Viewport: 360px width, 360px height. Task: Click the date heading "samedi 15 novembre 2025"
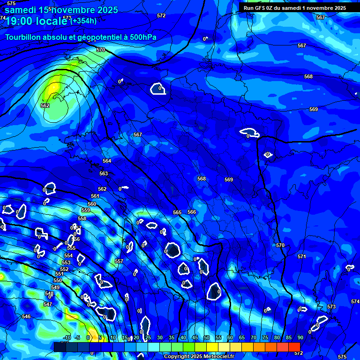tap(61, 9)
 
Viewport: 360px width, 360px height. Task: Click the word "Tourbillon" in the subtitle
tap(23, 37)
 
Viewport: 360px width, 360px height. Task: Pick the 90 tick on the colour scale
tap(300, 337)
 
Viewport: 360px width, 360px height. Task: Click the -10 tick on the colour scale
tap(67, 337)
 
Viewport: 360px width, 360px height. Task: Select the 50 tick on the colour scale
tap(207, 337)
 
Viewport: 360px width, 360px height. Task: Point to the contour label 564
tap(107, 161)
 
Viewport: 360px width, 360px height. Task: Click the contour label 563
tap(104, 173)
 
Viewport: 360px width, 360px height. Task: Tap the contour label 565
tap(177, 212)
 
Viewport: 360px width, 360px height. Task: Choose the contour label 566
tap(192, 212)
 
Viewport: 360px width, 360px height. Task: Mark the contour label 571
tap(302, 256)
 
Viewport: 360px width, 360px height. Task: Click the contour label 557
tap(119, 261)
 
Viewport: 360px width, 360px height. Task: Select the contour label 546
tap(26, 316)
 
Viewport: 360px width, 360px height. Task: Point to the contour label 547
tap(47, 304)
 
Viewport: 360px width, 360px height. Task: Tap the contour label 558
tap(82, 218)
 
